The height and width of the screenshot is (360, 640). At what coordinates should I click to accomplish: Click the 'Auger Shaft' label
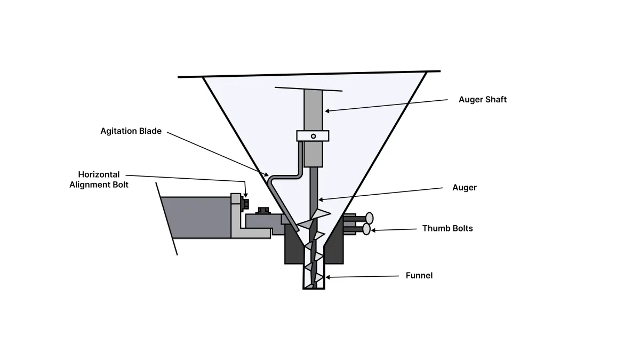[x=483, y=99]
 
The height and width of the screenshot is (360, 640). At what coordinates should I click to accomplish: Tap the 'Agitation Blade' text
[x=131, y=131]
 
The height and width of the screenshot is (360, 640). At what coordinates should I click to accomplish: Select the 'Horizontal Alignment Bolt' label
[x=99, y=179]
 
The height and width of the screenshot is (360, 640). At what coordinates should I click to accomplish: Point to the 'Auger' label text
[x=465, y=187]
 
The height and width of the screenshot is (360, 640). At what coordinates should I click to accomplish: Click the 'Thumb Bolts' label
[x=447, y=228]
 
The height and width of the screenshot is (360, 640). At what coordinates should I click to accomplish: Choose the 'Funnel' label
[x=419, y=275]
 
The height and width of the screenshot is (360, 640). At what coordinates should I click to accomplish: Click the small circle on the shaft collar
[x=314, y=137]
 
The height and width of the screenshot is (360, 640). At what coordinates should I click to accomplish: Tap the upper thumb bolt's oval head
[x=370, y=218]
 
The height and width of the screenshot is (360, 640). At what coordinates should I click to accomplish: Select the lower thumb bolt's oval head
[x=366, y=229]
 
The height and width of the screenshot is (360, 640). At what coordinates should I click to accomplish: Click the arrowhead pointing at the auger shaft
[x=327, y=111]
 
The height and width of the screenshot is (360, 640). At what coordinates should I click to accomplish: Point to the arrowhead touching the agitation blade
[x=266, y=174]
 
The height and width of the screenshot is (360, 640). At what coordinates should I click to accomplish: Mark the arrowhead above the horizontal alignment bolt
[x=245, y=195]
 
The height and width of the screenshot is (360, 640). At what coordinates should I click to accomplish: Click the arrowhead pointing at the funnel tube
[x=328, y=277]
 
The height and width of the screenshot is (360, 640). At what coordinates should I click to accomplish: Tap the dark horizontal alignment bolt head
[x=245, y=204]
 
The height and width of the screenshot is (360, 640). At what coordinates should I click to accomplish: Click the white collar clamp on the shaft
[x=313, y=136]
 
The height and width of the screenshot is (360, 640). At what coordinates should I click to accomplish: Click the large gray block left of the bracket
[x=196, y=218]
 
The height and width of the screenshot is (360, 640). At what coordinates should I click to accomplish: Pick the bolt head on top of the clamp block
[x=263, y=211]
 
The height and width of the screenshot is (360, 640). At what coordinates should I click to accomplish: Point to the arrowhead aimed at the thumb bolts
[x=374, y=230]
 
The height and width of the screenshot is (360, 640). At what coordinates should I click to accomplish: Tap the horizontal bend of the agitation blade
[x=286, y=176]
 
